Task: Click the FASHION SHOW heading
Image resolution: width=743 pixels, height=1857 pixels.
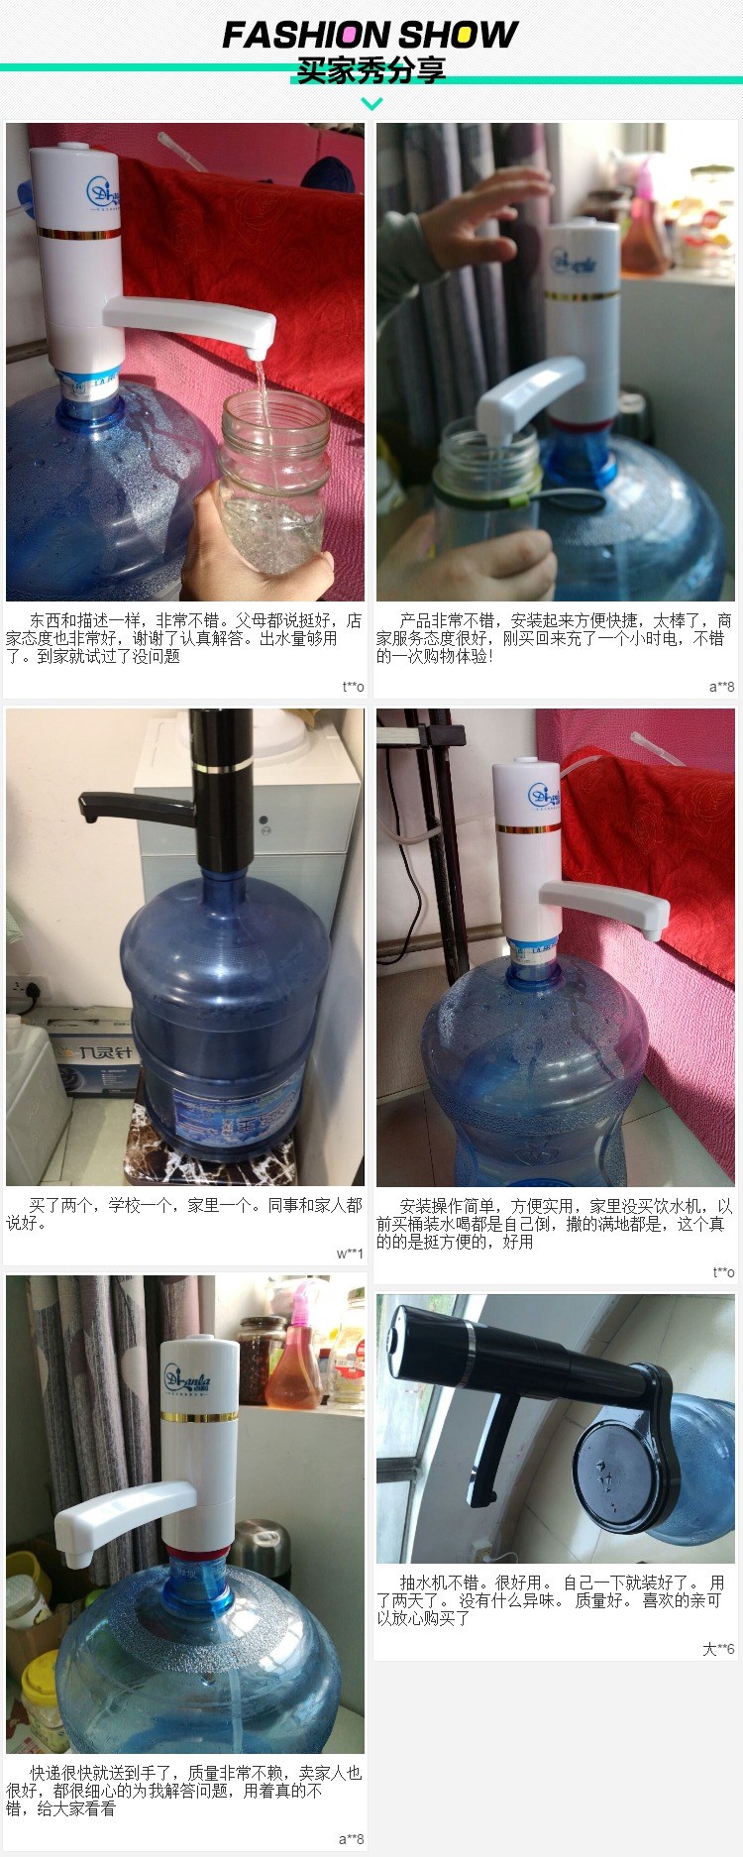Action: (x=370, y=35)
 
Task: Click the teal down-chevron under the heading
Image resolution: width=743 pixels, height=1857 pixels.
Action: (x=371, y=103)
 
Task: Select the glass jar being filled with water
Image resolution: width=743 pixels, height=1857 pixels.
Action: (x=274, y=476)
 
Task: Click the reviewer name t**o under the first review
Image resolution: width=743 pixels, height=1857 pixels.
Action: (x=353, y=687)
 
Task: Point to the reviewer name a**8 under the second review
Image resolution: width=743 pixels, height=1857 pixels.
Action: (x=721, y=687)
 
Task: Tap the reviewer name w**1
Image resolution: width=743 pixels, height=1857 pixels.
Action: (x=350, y=1254)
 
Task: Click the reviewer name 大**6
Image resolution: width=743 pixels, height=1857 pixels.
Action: (x=718, y=1649)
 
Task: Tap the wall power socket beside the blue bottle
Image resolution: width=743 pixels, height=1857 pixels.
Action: (x=23, y=990)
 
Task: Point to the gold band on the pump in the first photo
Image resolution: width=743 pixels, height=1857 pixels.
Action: (x=79, y=234)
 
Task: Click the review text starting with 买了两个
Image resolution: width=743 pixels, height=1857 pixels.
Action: (x=184, y=1214)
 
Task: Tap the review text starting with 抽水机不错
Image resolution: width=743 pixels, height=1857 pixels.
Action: (x=550, y=1599)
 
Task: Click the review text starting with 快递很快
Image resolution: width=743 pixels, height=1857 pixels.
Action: (x=184, y=1791)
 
